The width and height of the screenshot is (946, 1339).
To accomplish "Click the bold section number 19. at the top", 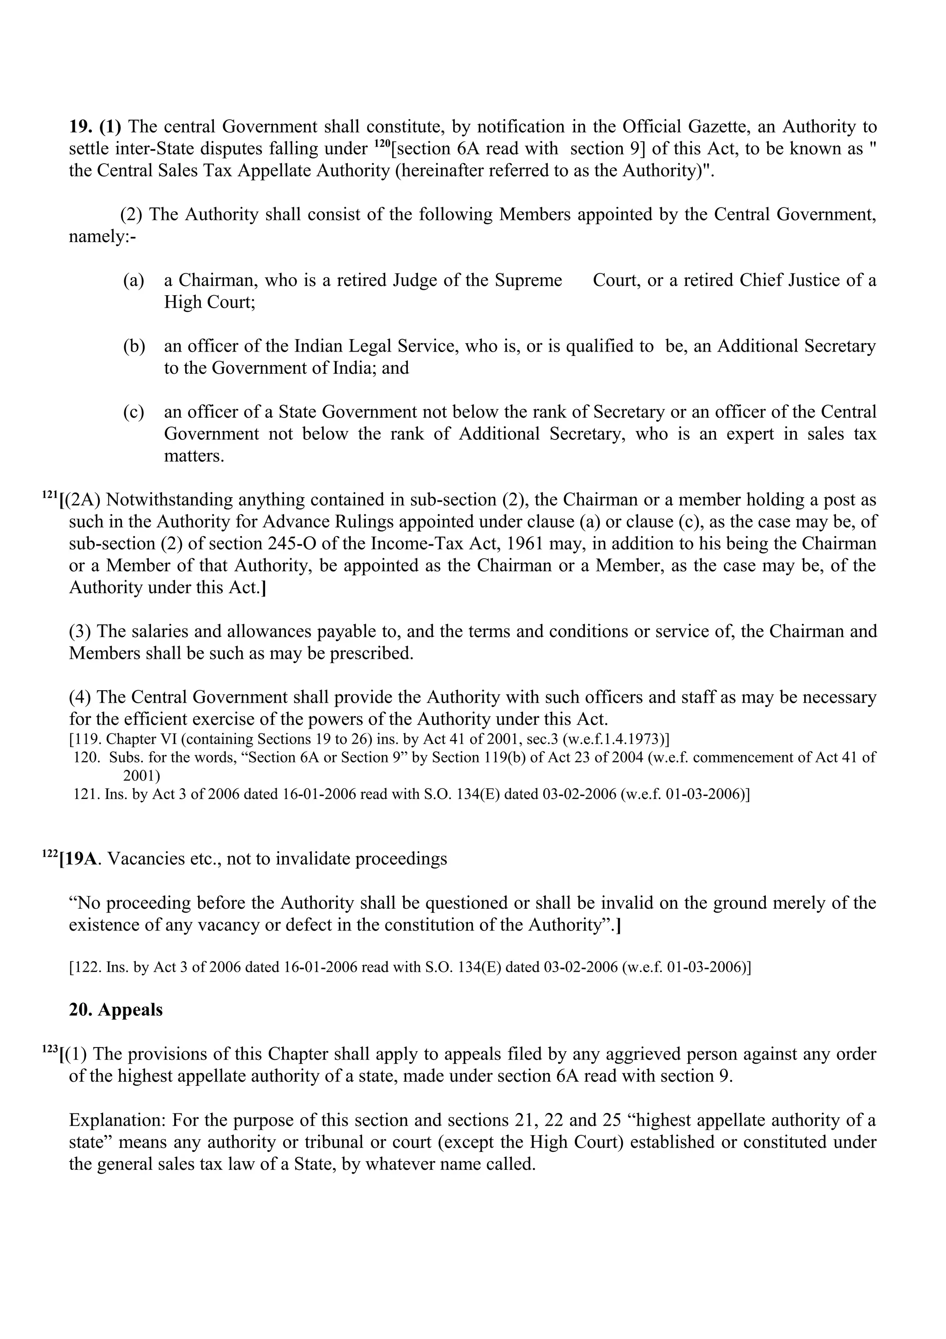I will tap(82, 127).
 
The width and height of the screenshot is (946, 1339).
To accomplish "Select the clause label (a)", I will tap(133, 280).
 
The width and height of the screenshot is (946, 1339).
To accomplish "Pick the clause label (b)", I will tap(133, 347).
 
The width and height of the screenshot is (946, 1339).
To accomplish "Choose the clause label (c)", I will tap(133, 412).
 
